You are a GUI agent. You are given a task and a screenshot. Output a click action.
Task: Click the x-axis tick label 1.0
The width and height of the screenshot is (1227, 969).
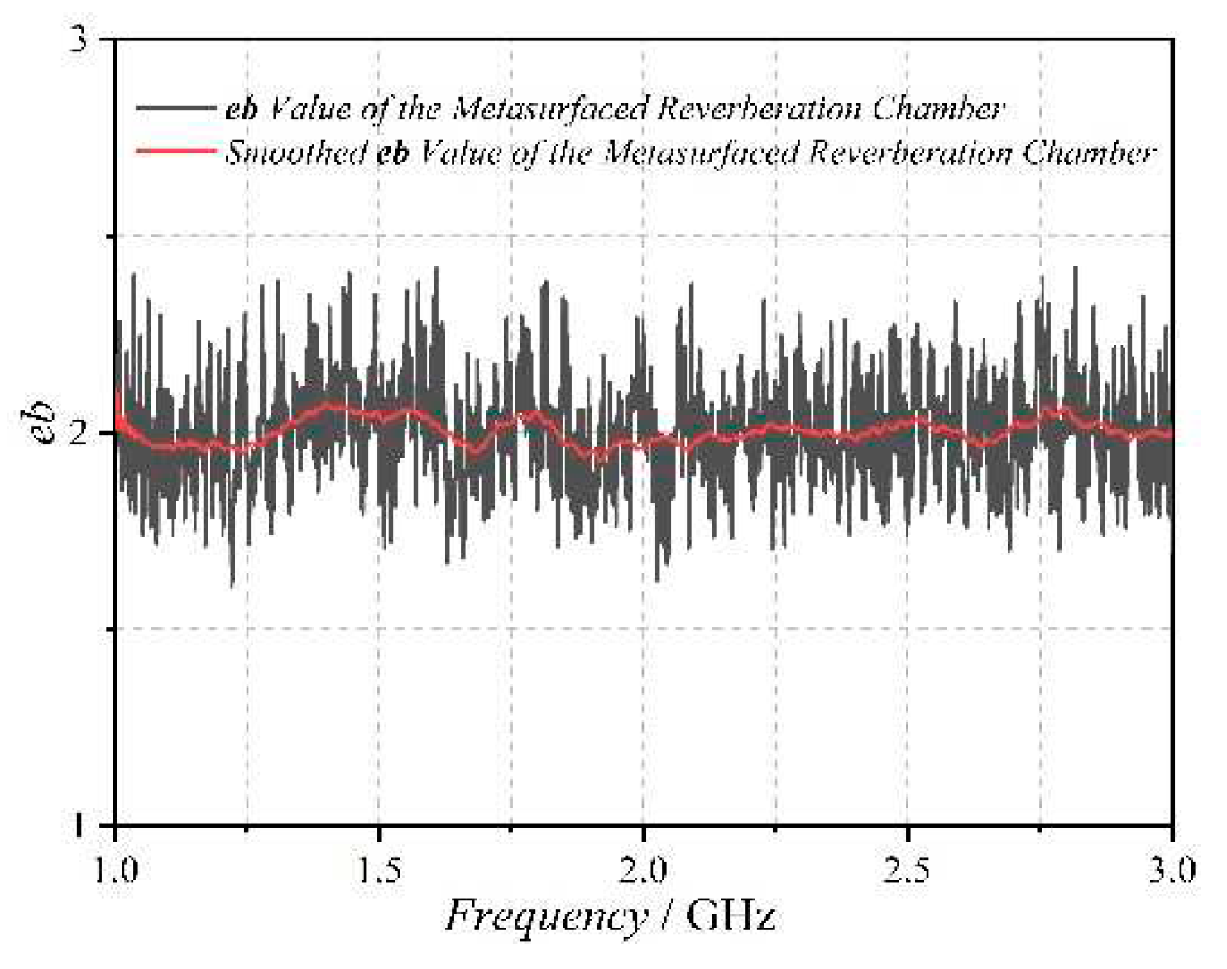pyautogui.click(x=116, y=870)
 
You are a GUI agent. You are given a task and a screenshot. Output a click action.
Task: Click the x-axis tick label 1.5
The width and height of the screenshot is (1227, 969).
pyautogui.click(x=379, y=870)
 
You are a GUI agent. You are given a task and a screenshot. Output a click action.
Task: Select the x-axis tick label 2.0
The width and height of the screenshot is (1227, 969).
pyautogui.click(x=644, y=870)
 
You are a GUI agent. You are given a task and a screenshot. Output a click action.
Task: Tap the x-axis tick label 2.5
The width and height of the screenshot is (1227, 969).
pyautogui.click(x=908, y=870)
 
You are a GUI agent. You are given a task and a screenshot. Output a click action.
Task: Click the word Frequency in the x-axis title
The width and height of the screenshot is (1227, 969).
pyautogui.click(x=546, y=917)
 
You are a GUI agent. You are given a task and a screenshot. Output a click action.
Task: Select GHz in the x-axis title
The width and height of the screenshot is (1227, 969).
pyautogui.click(x=731, y=917)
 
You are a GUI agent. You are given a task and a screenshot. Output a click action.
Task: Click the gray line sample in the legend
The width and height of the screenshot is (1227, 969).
pyautogui.click(x=175, y=108)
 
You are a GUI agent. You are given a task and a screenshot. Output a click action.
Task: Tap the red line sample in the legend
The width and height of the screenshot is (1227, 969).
pyautogui.click(x=175, y=151)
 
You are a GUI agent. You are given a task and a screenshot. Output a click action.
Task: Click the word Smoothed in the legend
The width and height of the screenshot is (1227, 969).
pyautogui.click(x=296, y=152)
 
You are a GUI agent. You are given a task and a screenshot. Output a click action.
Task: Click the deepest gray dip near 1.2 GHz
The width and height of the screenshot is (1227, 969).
pyautogui.click(x=232, y=584)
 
